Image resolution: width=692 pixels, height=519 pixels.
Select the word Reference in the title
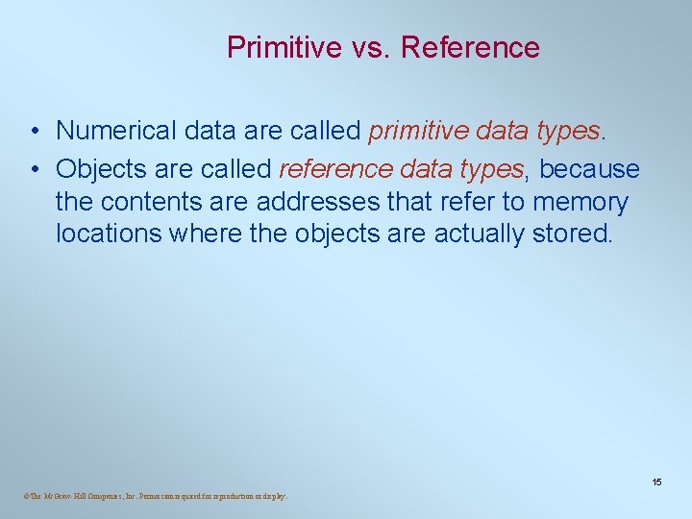(x=470, y=47)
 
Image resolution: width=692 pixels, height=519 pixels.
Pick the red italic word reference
(x=335, y=170)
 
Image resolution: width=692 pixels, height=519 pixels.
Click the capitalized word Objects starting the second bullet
(x=101, y=170)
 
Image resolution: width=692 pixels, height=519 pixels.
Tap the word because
(x=589, y=170)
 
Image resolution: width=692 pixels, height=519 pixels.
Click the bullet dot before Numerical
(x=34, y=131)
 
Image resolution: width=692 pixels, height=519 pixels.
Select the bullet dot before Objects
(x=34, y=171)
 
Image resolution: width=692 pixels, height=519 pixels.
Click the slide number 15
(x=656, y=482)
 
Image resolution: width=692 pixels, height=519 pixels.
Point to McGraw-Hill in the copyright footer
(x=57, y=497)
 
